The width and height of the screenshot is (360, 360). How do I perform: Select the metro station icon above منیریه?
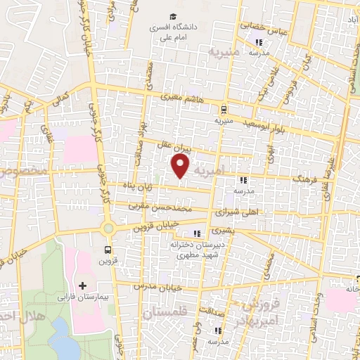tap(223, 109)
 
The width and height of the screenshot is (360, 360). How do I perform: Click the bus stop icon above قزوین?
tap(108, 250)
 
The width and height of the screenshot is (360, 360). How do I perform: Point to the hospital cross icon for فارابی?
tap(83, 285)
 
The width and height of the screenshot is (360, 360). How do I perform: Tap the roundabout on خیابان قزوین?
tap(108, 229)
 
